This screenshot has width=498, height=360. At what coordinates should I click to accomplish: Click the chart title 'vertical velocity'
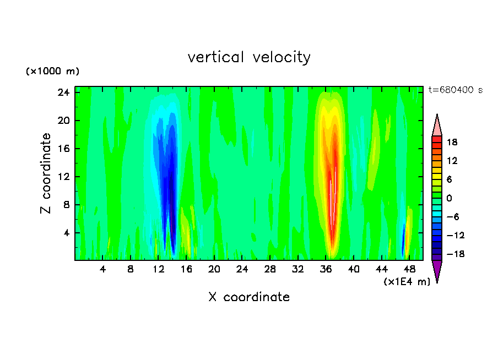249,57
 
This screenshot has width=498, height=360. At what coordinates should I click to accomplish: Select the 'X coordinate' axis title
249,297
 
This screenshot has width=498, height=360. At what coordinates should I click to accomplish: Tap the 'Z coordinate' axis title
46,173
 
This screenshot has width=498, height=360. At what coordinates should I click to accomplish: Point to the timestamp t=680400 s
455,90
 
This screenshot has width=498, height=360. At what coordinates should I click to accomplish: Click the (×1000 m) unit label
52,72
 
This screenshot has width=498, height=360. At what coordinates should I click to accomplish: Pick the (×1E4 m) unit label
407,282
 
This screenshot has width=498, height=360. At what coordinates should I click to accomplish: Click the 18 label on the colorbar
452,142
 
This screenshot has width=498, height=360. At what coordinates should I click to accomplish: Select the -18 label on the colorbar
451,254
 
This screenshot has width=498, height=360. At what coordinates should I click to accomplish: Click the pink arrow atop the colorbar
437,125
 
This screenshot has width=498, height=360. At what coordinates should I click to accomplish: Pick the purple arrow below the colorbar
437,270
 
